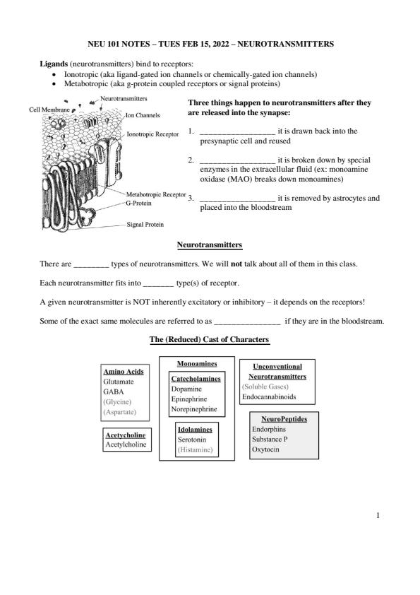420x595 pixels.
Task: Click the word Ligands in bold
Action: (x=54, y=64)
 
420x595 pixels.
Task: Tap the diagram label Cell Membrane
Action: (x=49, y=110)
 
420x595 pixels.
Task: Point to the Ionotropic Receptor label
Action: (x=152, y=134)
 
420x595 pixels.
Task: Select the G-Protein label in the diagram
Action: (x=138, y=204)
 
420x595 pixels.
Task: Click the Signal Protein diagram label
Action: (x=145, y=225)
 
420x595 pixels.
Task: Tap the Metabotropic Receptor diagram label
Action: (x=156, y=194)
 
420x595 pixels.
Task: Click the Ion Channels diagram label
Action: (x=143, y=115)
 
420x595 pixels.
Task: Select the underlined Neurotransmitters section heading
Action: (x=210, y=245)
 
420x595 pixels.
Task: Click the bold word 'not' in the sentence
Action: (x=236, y=264)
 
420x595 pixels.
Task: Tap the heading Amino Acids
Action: (x=124, y=372)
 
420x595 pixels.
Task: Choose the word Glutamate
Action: (x=119, y=382)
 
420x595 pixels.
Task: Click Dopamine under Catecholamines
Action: (x=186, y=389)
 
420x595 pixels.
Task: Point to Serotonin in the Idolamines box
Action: (x=192, y=440)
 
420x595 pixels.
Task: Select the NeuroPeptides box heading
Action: (x=284, y=419)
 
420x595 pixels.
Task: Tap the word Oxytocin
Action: (x=265, y=449)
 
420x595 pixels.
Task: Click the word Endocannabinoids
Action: (x=269, y=397)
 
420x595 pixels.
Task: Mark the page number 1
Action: (x=378, y=515)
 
